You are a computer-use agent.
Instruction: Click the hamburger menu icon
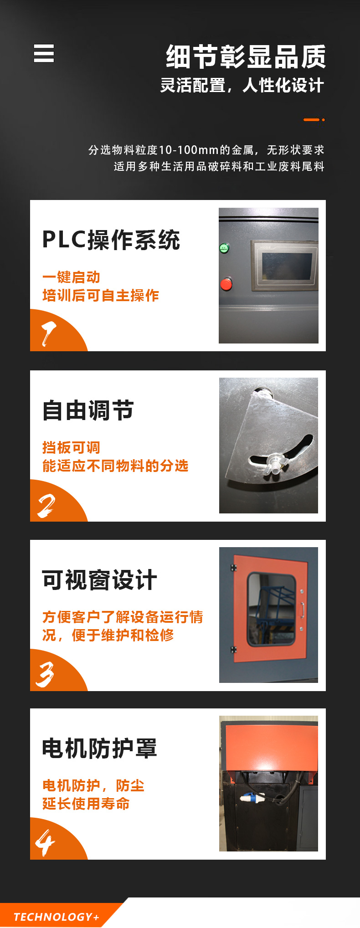click(44, 53)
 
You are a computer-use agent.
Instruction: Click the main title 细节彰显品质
click(246, 56)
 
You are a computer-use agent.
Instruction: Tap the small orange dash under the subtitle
click(312, 120)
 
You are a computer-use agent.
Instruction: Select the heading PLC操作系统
click(111, 240)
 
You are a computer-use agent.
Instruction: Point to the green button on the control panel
click(224, 248)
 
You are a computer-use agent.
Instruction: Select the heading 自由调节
click(88, 410)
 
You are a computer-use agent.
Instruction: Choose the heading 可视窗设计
click(99, 580)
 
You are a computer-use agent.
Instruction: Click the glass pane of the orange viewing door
click(271, 609)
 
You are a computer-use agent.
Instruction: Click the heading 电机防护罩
click(99, 749)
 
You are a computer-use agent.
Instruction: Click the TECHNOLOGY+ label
click(57, 917)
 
